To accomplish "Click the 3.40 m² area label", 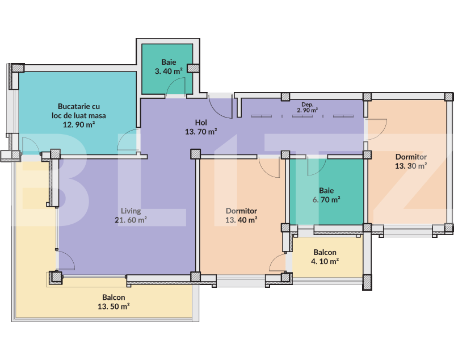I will click(169, 72).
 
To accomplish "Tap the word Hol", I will click(201, 122).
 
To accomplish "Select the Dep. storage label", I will click(308, 104).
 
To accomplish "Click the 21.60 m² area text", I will click(131, 220).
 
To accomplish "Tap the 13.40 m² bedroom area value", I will click(241, 220).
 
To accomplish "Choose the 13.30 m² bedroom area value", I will click(411, 166).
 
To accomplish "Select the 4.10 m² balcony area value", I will click(325, 262).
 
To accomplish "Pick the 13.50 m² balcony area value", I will click(113, 307).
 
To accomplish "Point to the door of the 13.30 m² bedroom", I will click(376, 128).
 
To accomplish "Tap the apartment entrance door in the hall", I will click(219, 104).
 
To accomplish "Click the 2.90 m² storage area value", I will click(308, 110).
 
